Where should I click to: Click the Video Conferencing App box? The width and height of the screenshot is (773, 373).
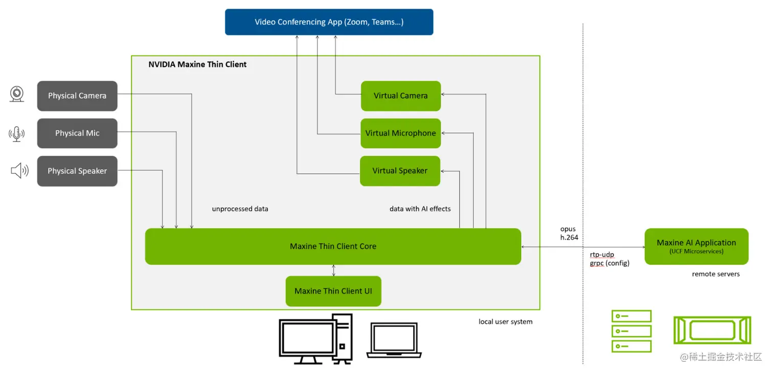(329, 22)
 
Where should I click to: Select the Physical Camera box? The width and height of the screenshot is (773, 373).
(77, 96)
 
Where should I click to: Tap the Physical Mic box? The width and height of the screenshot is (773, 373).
(77, 133)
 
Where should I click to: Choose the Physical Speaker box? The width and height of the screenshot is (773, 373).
(77, 171)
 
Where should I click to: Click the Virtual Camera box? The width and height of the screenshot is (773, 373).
(400, 96)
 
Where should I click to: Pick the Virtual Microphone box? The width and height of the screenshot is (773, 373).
(400, 133)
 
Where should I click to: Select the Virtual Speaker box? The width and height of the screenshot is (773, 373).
(400, 171)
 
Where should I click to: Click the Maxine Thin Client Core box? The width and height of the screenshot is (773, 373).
(333, 246)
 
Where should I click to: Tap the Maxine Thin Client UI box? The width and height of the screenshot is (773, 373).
(333, 291)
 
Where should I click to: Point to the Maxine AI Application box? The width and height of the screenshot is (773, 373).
(696, 246)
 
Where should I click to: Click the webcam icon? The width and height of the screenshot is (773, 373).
(17, 95)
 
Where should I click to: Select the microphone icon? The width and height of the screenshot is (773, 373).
(17, 134)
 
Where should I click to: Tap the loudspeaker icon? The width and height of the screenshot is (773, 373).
(19, 171)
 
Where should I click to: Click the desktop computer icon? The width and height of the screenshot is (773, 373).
(315, 339)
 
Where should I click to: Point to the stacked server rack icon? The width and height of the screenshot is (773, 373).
(631, 331)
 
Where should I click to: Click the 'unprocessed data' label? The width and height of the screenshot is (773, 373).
(240, 209)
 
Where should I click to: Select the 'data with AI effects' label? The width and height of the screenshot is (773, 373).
(420, 209)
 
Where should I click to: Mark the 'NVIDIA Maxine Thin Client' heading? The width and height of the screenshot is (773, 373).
(197, 64)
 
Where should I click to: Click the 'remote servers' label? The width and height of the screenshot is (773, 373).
(716, 274)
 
